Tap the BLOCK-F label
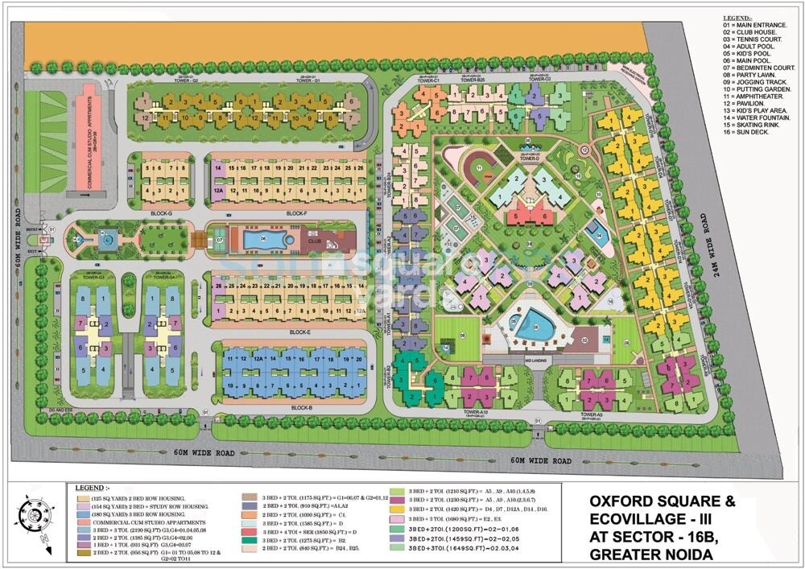(297, 212)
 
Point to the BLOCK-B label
(302, 409)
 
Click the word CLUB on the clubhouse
(315, 239)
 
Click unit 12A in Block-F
(218, 191)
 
